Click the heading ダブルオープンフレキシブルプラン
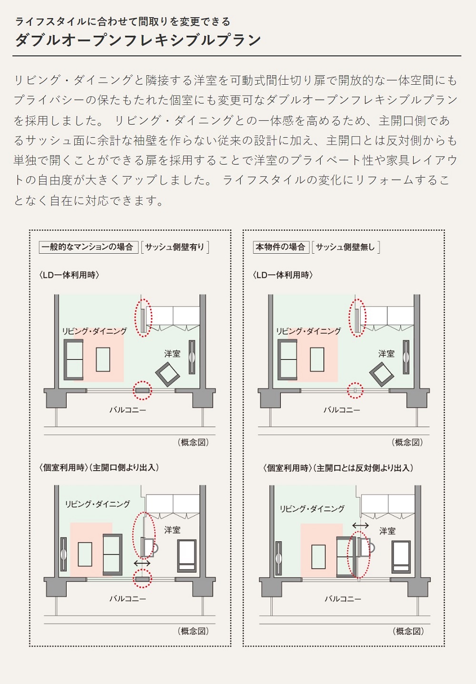(138, 40)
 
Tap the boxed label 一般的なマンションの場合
(89, 247)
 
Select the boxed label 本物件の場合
(281, 247)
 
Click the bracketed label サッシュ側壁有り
(175, 247)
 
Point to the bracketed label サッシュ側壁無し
(346, 247)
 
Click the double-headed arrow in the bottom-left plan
(142, 563)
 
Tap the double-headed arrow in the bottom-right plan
(360, 525)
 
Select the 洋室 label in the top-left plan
(172, 354)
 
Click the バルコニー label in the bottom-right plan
(343, 598)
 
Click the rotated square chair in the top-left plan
(168, 375)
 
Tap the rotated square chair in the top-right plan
(382, 375)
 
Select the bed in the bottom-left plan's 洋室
(187, 555)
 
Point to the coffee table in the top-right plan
(317, 360)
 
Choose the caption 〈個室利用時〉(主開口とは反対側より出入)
(338, 468)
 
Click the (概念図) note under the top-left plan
(193, 442)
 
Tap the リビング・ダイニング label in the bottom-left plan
(98, 504)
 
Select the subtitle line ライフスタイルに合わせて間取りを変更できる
(123, 22)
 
